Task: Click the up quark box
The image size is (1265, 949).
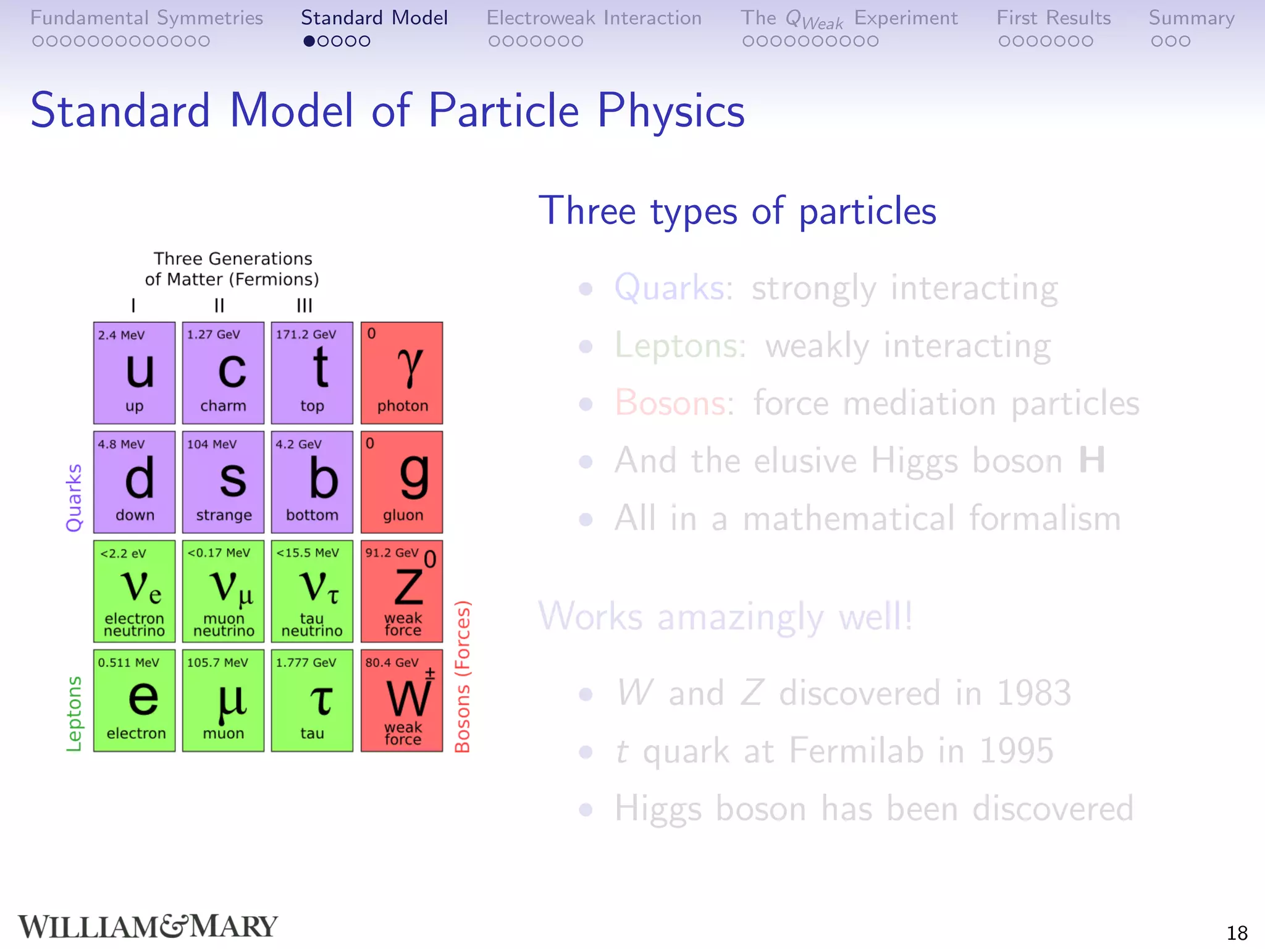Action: tap(134, 373)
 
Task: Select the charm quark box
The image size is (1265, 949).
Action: tap(223, 373)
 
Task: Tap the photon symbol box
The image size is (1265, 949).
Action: tap(401, 373)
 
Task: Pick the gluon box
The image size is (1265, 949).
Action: tap(401, 482)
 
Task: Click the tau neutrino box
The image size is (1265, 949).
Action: tap(312, 591)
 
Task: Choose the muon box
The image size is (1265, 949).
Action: tap(223, 700)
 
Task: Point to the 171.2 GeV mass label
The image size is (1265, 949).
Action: tap(306, 335)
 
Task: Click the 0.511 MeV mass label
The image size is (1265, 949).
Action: tap(128, 662)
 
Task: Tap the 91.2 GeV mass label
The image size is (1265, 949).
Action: tap(392, 552)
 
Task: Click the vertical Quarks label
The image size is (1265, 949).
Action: tap(74, 497)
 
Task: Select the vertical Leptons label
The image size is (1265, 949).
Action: tap(74, 714)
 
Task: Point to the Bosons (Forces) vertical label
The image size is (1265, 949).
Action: tap(463, 677)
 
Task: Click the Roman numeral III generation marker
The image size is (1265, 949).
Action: tap(305, 305)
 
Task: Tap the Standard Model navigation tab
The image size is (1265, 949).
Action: tap(374, 18)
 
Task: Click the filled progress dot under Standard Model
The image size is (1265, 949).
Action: tap(309, 41)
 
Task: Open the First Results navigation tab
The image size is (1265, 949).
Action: tap(1053, 18)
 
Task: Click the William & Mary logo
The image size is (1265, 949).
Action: tap(148, 926)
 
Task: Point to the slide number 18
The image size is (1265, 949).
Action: tap(1237, 932)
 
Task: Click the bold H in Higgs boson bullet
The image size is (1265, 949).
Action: tap(1091, 460)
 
